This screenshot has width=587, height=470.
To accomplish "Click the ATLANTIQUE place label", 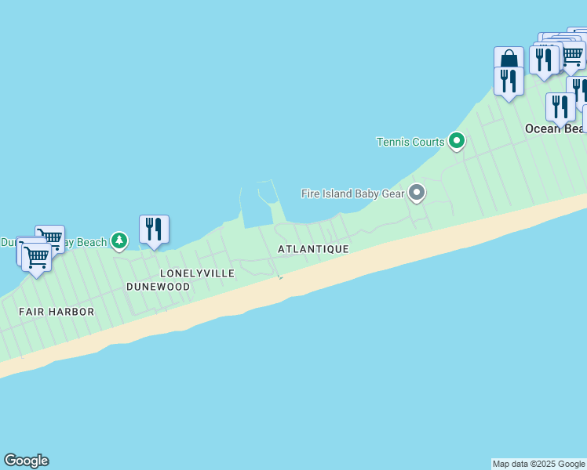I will [313, 249].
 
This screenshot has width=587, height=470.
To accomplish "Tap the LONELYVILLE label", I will [197, 273].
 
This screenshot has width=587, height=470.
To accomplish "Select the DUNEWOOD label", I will [159, 287].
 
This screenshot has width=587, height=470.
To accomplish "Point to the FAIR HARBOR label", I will [57, 312].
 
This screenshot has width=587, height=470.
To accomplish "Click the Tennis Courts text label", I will [410, 142].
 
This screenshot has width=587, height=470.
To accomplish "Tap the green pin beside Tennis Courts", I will [456, 142].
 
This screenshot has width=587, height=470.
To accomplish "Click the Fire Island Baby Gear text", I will [352, 193].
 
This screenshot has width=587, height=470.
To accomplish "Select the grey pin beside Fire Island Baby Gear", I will [417, 192].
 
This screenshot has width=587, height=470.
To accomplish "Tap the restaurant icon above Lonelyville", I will [154, 230].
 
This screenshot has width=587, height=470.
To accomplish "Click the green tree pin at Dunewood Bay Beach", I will [118, 240].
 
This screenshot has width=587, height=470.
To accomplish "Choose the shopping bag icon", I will [509, 60].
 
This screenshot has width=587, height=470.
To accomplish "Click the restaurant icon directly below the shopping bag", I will [509, 81].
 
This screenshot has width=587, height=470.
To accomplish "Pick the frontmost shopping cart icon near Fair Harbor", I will [36, 256].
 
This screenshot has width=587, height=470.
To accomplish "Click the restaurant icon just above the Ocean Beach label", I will [560, 107].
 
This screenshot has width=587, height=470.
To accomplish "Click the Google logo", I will [26, 461].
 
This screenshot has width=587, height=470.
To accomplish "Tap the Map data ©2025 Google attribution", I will [539, 464].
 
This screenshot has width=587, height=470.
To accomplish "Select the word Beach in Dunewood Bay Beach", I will [91, 242].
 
